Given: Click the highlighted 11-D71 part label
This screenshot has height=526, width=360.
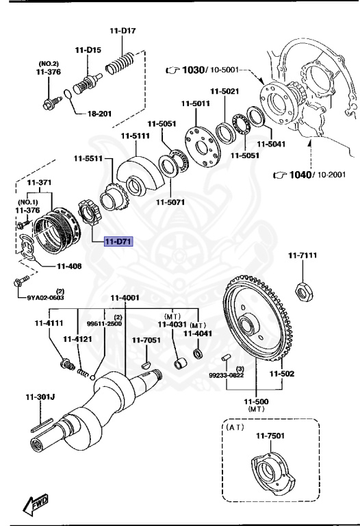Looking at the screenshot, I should (118, 241).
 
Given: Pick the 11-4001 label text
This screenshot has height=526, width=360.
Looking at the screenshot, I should (125, 298).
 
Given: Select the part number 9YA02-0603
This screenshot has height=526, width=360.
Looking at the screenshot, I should (46, 297).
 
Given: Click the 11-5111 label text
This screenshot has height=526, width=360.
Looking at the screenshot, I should (135, 136).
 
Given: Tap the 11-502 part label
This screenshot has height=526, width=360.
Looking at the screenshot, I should (281, 374).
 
